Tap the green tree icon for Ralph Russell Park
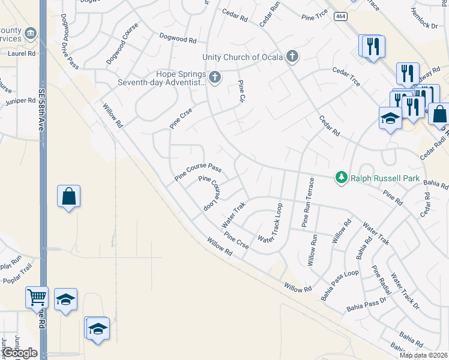coord(342,177)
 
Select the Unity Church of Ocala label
coord(243,57)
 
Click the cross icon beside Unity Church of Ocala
coord(292,57)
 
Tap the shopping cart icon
coord(37,296)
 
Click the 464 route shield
coord(340,17)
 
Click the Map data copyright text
coord(424,355)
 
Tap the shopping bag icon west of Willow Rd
coord(68,196)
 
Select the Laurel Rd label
coord(22,53)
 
